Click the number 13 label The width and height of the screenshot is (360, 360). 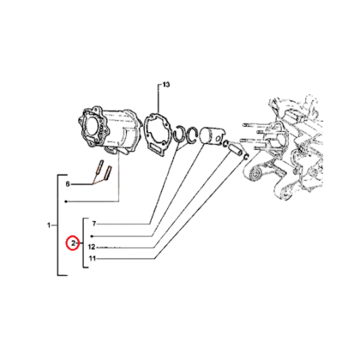tap(166, 84)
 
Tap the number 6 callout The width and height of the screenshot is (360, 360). tap(68, 184)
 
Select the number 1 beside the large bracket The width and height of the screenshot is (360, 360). tap(49, 225)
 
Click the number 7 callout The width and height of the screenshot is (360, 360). tap(94, 224)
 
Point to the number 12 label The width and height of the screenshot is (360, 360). tap(91, 247)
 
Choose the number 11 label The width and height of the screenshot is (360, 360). tap(92, 258)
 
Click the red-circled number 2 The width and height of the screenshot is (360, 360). tap(73, 243)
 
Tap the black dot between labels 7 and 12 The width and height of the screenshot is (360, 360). tap(92, 236)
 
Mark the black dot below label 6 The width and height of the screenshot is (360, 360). tap(66, 202)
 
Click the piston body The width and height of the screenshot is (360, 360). tap(212, 135)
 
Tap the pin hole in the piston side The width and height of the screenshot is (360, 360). tap(219, 138)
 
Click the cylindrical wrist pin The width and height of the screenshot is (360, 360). tap(235, 149)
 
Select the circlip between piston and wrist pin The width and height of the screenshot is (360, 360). tap(225, 144)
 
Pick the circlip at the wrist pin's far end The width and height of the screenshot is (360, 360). tap(246, 156)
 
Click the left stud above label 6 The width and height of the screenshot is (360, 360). tap(99, 167)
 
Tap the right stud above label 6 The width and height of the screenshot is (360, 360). tap(108, 172)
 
